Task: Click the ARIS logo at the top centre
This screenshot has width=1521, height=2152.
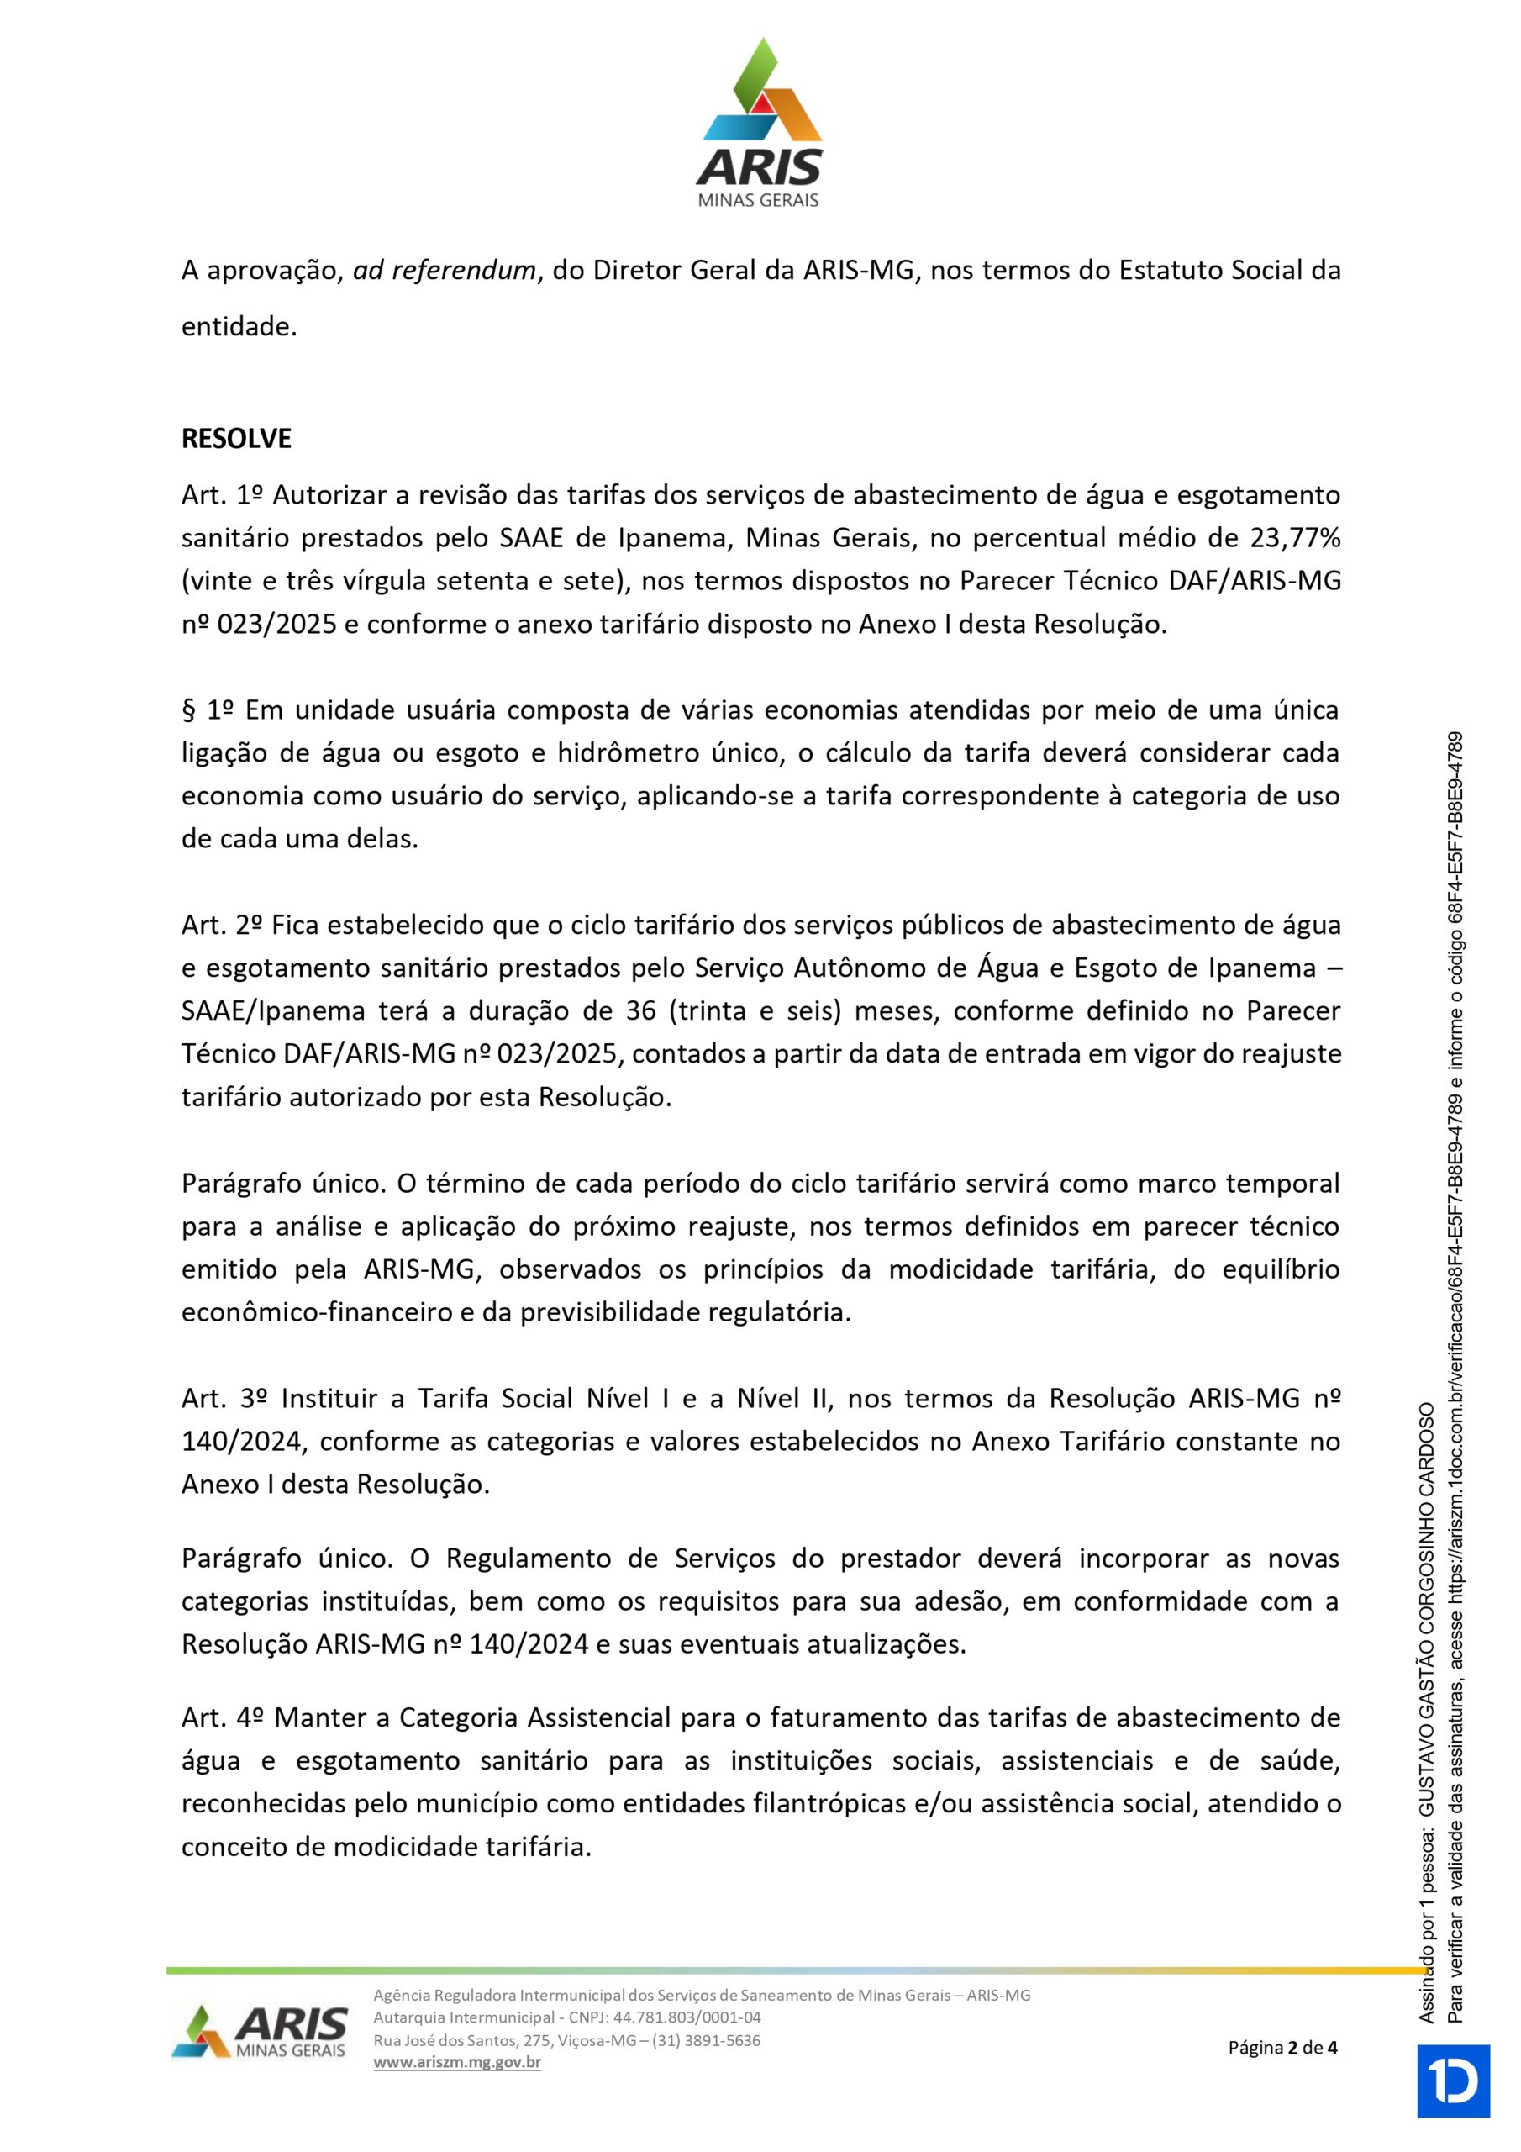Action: point(759,122)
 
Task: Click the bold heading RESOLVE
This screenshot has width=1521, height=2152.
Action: point(236,439)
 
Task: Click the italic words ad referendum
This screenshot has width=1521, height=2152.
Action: point(445,271)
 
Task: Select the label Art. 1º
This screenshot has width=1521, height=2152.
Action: point(222,495)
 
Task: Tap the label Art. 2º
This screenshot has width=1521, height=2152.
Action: point(222,925)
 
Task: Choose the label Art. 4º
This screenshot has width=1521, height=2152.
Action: point(223,1717)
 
